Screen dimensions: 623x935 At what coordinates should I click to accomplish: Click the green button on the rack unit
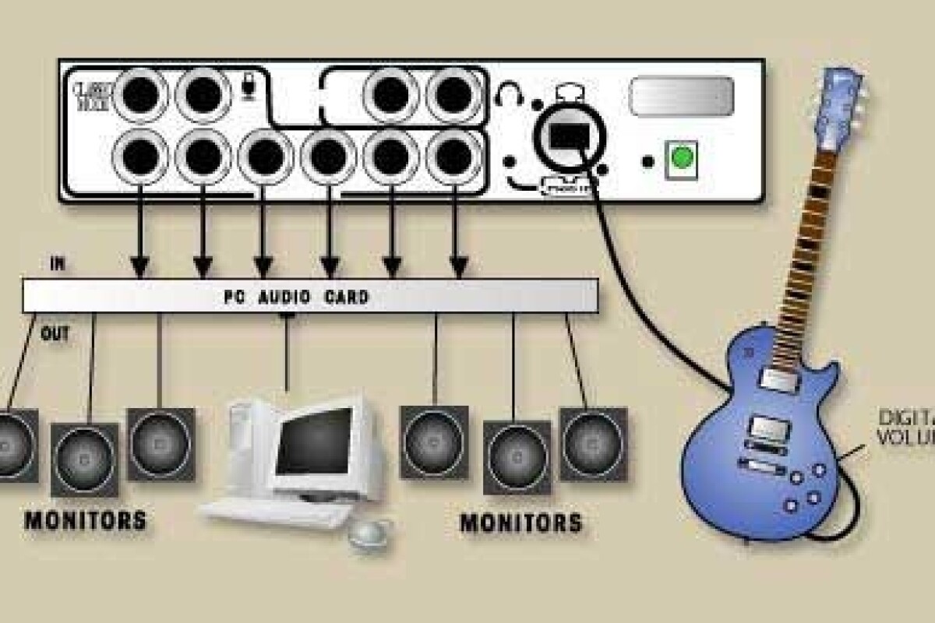682,159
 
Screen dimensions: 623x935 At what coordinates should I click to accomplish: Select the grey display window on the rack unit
681,96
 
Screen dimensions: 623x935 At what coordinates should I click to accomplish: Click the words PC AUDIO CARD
296,297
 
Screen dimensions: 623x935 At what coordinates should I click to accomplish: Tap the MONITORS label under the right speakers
520,522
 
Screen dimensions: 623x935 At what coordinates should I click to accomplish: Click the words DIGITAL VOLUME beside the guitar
904,424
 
